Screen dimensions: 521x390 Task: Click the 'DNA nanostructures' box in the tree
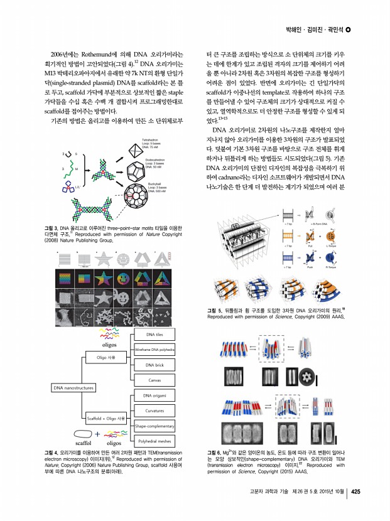coord(70,388)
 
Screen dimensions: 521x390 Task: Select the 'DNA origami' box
coord(154,395)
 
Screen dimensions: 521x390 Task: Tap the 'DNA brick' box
coord(154,365)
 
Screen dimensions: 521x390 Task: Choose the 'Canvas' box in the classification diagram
coord(154,380)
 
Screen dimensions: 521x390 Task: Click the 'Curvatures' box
coord(154,411)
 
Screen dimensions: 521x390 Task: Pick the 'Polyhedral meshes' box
coord(154,442)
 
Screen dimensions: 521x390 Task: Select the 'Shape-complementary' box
coord(154,427)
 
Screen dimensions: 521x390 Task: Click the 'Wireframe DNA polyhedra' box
coord(154,349)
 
